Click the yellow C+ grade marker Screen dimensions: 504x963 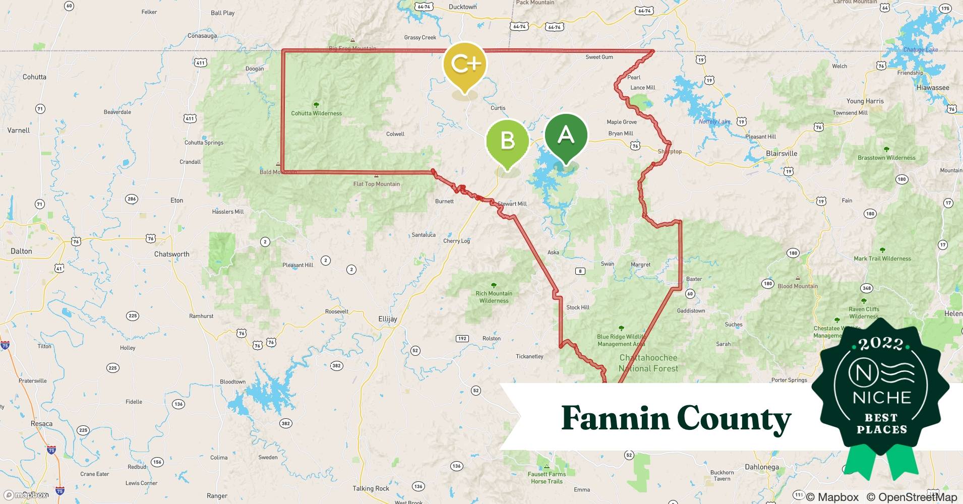464,65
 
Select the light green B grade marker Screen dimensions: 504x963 507,141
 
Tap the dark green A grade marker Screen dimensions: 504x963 566,135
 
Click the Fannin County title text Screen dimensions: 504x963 676,418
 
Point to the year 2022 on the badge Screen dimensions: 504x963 881,344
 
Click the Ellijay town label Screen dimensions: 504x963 388,319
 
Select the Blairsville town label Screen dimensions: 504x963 781,154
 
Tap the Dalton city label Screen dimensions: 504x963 21,251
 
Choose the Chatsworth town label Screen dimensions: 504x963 172,254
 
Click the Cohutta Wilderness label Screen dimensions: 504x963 316,113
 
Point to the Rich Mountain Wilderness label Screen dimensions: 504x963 494,297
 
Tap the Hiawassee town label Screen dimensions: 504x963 933,88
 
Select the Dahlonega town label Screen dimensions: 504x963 761,467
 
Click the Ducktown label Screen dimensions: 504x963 462,7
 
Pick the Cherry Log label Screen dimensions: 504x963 456,241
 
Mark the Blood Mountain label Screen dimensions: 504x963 798,286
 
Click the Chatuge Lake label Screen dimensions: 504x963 921,50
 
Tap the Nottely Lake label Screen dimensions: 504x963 714,122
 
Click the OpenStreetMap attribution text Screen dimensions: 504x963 912,497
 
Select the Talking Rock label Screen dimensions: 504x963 371,488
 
